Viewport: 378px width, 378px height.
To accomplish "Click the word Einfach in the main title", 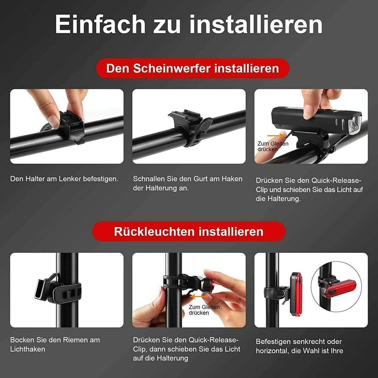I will [x=100, y=24].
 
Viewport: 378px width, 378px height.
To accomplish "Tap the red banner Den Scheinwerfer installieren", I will [x=193, y=68].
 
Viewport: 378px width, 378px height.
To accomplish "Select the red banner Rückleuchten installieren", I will [x=189, y=232].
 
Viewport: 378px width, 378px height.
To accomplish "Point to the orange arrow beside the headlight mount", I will [x=276, y=136].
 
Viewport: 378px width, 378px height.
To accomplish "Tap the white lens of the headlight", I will [x=355, y=125].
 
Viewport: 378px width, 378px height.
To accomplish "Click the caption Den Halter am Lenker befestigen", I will [x=64, y=179].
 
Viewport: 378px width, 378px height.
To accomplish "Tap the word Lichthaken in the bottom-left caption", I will [x=27, y=349].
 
